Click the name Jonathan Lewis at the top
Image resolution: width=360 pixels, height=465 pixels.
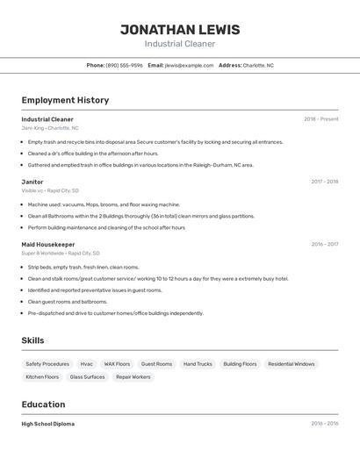(x=179, y=30)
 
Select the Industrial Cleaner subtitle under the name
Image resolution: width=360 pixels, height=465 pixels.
(x=179, y=44)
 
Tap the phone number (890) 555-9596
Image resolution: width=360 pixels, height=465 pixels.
(x=124, y=65)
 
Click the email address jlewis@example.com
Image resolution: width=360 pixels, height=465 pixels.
(x=189, y=65)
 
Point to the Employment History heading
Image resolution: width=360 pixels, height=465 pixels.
(x=65, y=100)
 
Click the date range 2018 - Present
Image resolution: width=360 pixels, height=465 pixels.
(x=320, y=119)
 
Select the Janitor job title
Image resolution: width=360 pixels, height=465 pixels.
(x=32, y=182)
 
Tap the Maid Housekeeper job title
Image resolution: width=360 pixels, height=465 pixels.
(x=48, y=245)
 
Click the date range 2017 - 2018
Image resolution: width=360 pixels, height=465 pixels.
(x=324, y=182)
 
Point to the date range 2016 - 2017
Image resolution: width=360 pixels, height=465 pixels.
(x=324, y=245)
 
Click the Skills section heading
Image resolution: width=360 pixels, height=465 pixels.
(x=32, y=340)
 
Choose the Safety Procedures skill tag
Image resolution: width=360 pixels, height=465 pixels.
(x=47, y=364)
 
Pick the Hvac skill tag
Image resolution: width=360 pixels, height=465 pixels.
(x=86, y=364)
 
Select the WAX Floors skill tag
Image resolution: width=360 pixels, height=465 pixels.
(x=117, y=364)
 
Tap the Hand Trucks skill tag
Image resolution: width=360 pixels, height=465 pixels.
(x=198, y=364)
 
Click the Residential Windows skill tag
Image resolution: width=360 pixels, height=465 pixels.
(x=291, y=364)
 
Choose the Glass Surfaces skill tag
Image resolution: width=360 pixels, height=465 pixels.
(x=87, y=377)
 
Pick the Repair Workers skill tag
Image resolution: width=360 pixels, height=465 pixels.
(x=133, y=377)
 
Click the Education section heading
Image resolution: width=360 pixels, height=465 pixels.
(x=43, y=404)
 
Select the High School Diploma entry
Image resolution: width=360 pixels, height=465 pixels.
(x=48, y=424)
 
